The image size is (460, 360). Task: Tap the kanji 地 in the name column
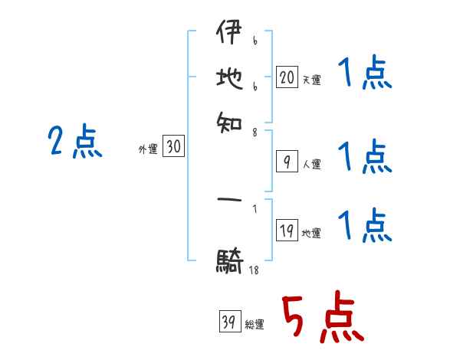(228, 79)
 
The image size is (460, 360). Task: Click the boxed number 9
(286, 162)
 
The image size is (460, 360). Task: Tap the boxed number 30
(173, 148)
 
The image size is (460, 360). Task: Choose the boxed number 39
(228, 322)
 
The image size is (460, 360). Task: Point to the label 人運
(312, 164)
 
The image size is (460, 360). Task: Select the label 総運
(255, 325)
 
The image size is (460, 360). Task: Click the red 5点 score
(321, 318)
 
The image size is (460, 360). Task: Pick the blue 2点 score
(74, 141)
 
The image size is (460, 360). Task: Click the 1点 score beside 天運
(364, 76)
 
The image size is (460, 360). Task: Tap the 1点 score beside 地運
(364, 225)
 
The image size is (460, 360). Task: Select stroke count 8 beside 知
(254, 132)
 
